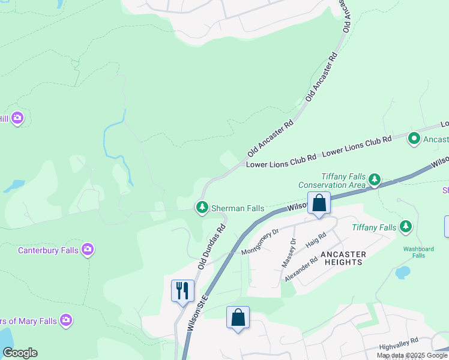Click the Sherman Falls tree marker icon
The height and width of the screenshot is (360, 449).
(202, 208)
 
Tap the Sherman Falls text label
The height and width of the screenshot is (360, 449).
(238, 208)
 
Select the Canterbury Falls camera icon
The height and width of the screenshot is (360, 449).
(88, 249)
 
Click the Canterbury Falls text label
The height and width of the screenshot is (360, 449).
(49, 250)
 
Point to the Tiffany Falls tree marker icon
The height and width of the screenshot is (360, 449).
(406, 227)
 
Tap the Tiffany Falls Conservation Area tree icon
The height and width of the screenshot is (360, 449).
(375, 179)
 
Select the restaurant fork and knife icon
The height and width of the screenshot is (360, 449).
(182, 291)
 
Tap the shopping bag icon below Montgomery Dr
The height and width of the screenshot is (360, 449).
(238, 317)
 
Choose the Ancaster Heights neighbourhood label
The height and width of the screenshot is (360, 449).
(343, 258)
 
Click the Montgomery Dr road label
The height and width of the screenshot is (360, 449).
(261, 242)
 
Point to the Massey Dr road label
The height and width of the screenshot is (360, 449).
(289, 253)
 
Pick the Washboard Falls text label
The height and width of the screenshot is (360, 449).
(418, 252)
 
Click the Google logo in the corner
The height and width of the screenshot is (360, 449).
(20, 353)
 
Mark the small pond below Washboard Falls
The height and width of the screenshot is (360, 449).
(403, 274)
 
